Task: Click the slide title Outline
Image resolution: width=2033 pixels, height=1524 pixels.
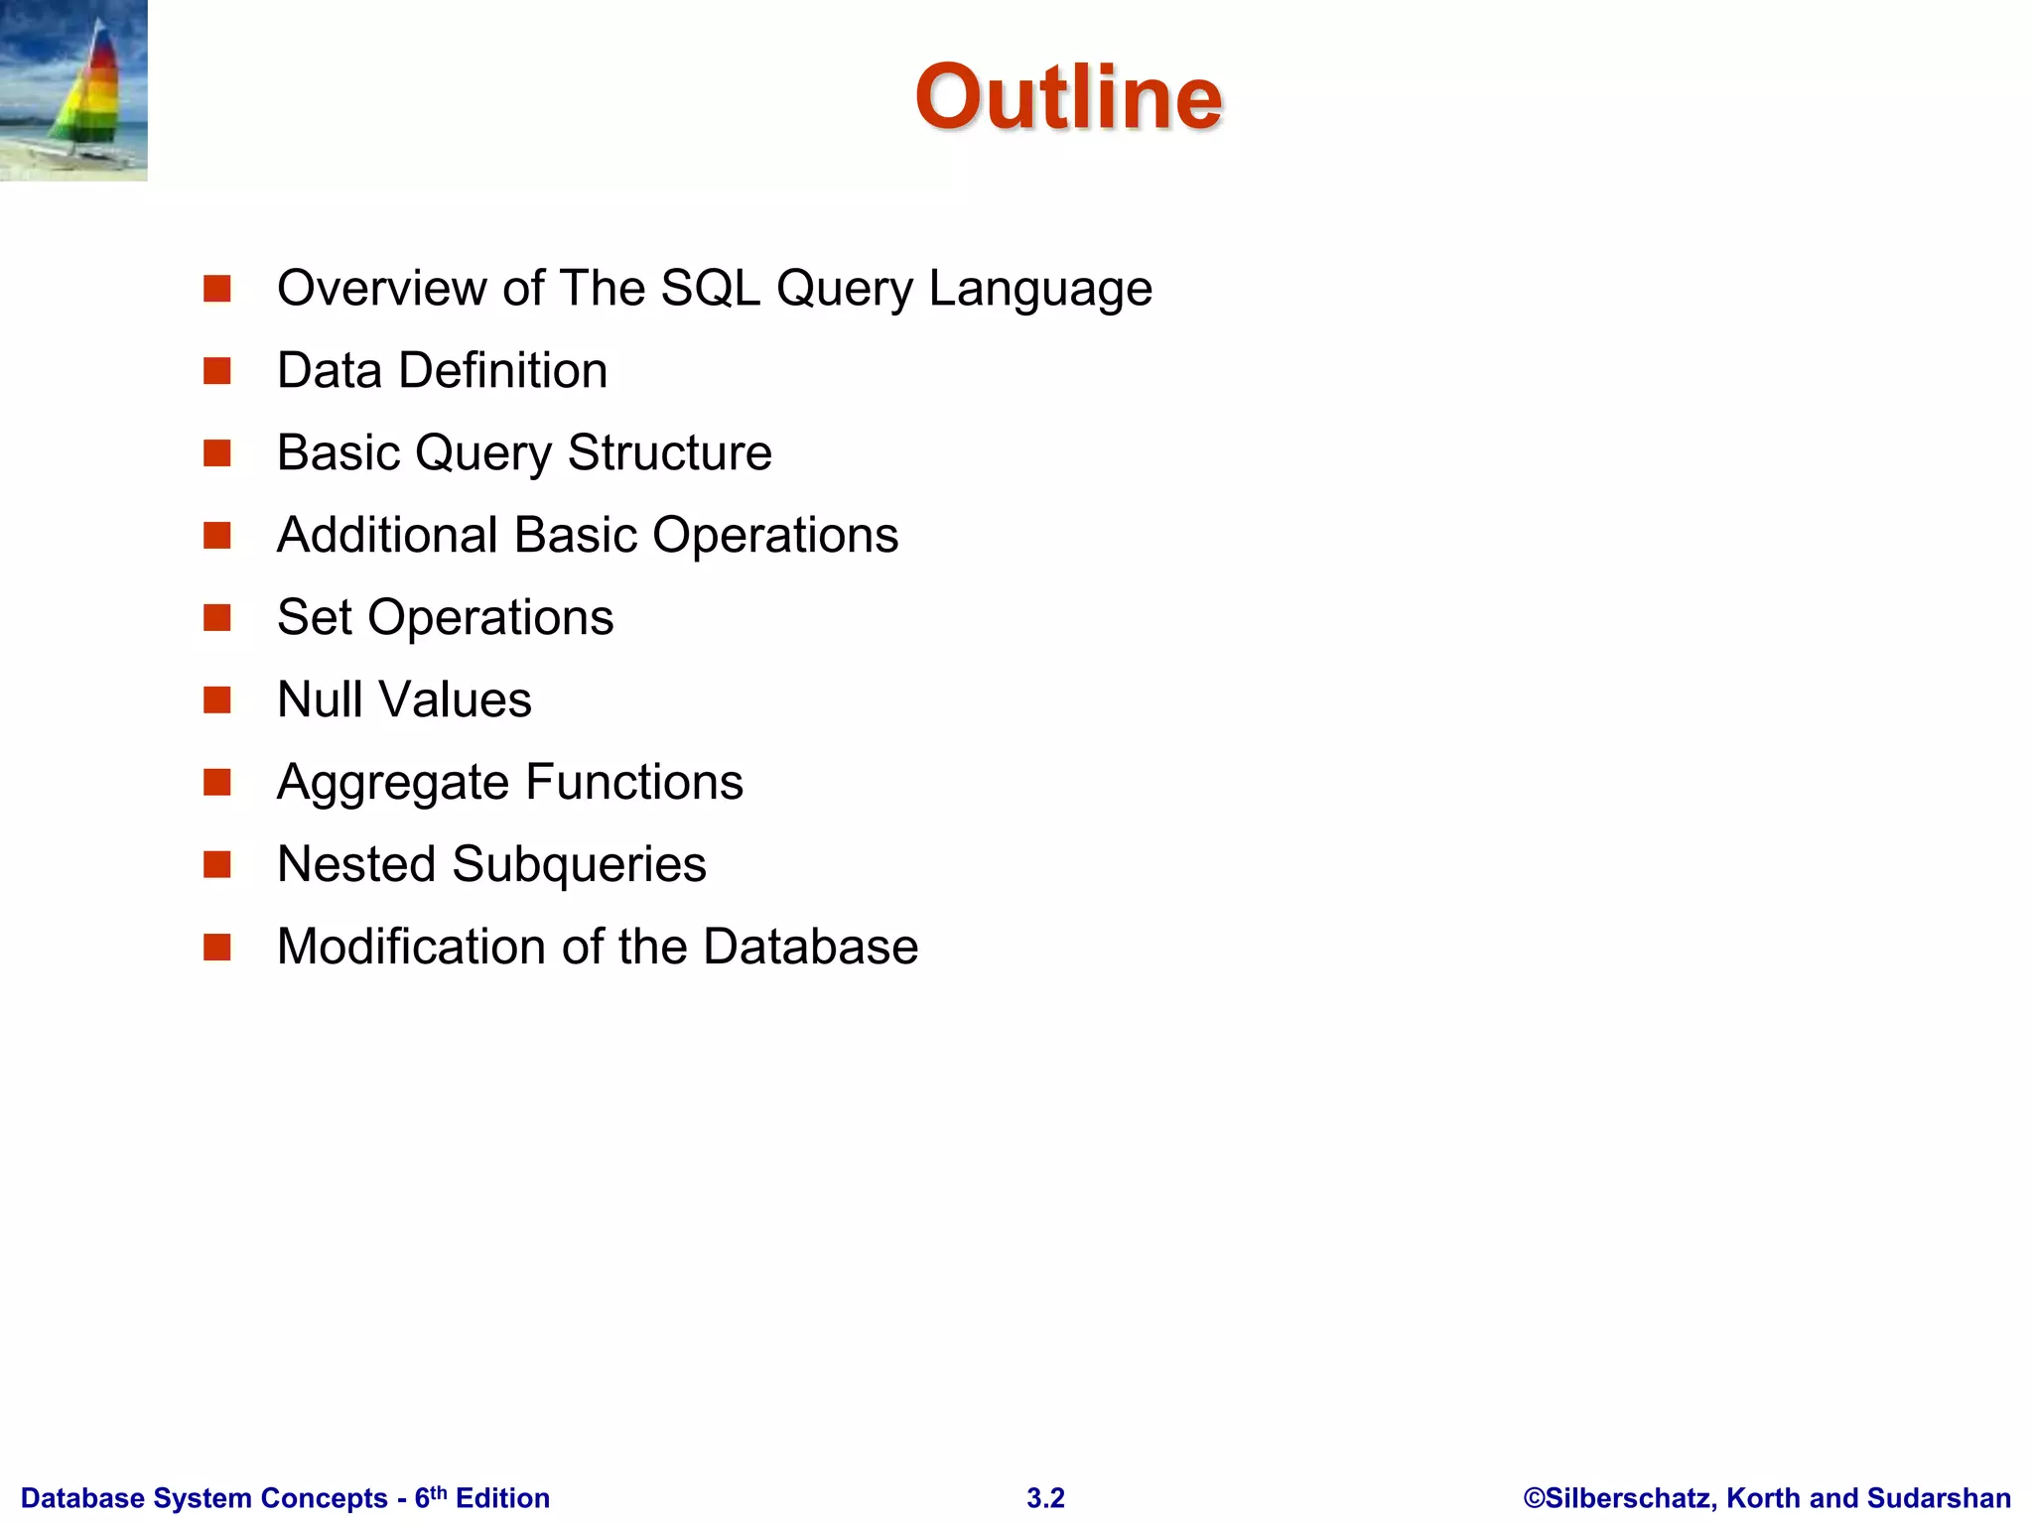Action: (x=1068, y=96)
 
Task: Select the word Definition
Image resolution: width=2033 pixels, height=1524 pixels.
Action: (x=503, y=371)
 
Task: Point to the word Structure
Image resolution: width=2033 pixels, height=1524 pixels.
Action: (x=670, y=453)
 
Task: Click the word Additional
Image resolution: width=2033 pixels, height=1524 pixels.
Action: (x=387, y=536)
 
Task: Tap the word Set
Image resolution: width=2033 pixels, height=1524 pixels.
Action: (x=315, y=618)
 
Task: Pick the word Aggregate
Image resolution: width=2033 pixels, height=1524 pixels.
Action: (x=392, y=783)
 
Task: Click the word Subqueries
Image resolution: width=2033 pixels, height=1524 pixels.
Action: (x=579, y=864)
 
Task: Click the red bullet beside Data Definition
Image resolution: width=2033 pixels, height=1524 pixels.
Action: (x=216, y=371)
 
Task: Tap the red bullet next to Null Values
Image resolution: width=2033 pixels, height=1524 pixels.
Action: (x=216, y=700)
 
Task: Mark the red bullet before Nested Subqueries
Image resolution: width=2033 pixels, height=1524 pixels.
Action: (x=216, y=865)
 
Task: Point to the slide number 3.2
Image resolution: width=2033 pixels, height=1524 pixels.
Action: (x=1045, y=1498)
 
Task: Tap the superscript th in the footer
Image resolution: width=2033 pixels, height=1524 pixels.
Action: (x=438, y=1492)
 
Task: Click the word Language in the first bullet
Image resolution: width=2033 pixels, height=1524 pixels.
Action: (x=1040, y=289)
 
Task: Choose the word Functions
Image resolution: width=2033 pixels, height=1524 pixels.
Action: (x=634, y=783)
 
